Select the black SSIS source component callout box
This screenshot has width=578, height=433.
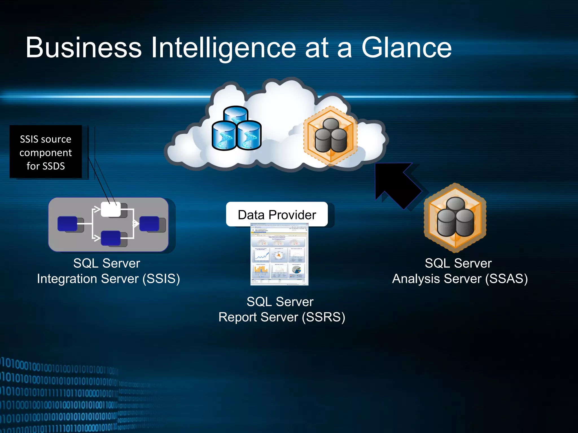click(x=46, y=152)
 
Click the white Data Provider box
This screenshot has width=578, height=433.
click(x=277, y=215)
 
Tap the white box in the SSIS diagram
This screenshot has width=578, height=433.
click(x=111, y=209)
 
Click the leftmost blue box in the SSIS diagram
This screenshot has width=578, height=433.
click(x=67, y=224)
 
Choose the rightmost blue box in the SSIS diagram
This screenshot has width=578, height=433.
click(x=149, y=224)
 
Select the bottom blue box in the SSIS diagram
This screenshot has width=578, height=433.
click(x=111, y=238)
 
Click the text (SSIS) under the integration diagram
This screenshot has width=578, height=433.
click(x=161, y=279)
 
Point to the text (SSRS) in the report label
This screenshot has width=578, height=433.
click(x=323, y=317)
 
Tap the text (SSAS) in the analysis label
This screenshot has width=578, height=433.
click(x=506, y=279)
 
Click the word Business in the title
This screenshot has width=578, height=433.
click(x=84, y=48)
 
